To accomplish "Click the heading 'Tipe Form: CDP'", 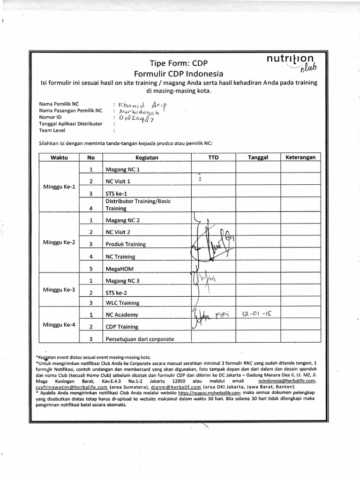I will tap(178, 63).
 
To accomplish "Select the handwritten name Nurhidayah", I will tap(139, 112).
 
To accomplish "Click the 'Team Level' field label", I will tap(52, 131).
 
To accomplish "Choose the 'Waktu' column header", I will tap(60, 157).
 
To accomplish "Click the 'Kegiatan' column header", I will tap(147, 158).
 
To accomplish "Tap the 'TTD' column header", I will tap(213, 157).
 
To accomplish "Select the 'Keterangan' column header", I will tap(300, 157).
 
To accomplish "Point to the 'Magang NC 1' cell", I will tap(123, 169).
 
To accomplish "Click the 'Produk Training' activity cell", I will tap(126, 244).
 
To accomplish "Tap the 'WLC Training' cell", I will tap(122, 303).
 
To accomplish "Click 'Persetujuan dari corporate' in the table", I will tap(140, 339).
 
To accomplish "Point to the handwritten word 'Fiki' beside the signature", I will tap(221, 312).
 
